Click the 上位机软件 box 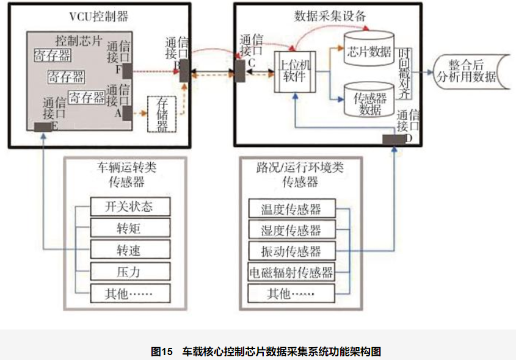pos(295,72)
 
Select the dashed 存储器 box pos(162,114)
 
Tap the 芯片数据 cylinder pos(369,48)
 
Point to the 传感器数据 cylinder pos(369,99)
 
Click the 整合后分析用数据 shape pos(471,72)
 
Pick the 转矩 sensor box pos(130,228)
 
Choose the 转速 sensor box pos(130,250)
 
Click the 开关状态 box pos(130,206)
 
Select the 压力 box pos(130,272)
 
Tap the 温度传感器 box pos(291,209)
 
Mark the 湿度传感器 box pos(291,229)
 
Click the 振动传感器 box pos(291,251)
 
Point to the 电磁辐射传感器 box pos(291,272)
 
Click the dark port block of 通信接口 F pos(128,71)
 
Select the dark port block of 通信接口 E pos(43,127)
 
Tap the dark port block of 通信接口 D pos(394,139)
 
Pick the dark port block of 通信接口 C pos(240,71)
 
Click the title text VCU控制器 pos(99,16)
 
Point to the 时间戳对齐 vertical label pos(404,73)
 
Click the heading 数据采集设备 pos(330,16)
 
